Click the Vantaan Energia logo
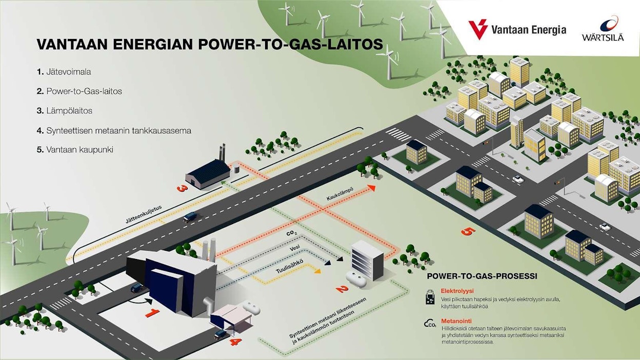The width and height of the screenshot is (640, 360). (x=518, y=29)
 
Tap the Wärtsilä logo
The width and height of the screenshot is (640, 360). (x=603, y=29)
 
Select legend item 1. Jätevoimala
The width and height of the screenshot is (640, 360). (x=64, y=72)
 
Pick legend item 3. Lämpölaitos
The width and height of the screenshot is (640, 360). (x=65, y=111)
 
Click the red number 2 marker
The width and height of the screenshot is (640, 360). (x=342, y=288)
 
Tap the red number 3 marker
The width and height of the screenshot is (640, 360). (x=181, y=188)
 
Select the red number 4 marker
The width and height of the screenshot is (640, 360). (x=234, y=340)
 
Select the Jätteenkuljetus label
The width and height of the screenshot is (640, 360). (x=144, y=214)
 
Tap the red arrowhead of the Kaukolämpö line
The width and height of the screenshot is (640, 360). (x=371, y=188)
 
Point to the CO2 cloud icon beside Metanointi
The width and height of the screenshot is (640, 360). (x=430, y=324)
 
